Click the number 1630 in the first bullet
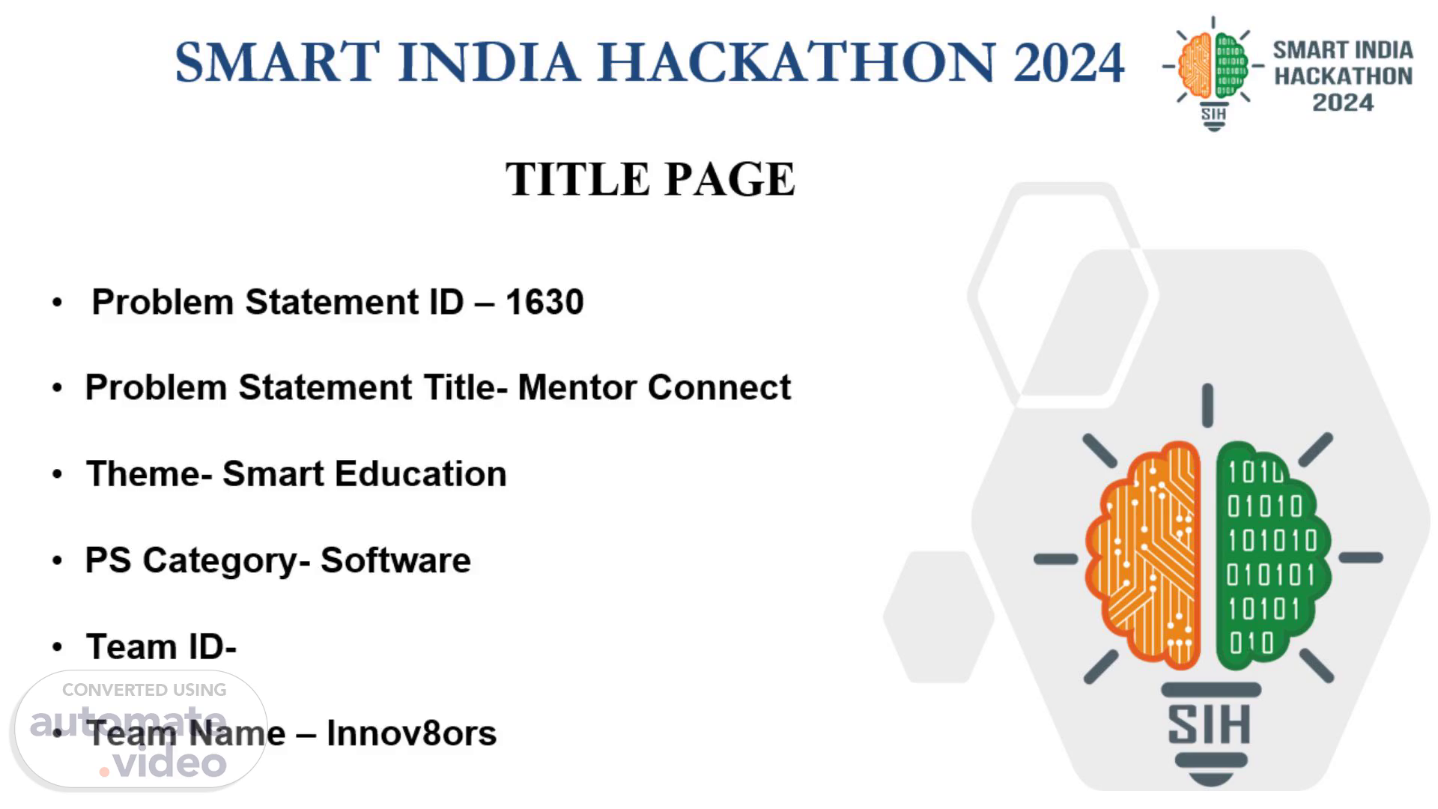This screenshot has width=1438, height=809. tap(544, 302)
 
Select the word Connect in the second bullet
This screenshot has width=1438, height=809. tap(719, 387)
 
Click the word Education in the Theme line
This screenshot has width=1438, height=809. tap(420, 473)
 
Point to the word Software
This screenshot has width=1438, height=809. tap(395, 560)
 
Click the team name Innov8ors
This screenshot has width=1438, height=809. tap(411, 733)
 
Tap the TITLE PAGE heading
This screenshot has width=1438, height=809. tap(650, 179)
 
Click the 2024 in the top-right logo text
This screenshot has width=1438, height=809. tap(1343, 103)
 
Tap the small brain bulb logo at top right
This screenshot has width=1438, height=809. tap(1213, 73)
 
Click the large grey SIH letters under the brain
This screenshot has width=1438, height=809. tap(1210, 724)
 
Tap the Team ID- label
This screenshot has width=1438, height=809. tap(161, 646)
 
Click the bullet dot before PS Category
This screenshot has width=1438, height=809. tap(58, 561)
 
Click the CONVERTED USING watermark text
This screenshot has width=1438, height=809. tap(144, 690)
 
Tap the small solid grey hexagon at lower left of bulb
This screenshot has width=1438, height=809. tap(938, 617)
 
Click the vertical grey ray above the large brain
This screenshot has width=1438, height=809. tap(1207, 405)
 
